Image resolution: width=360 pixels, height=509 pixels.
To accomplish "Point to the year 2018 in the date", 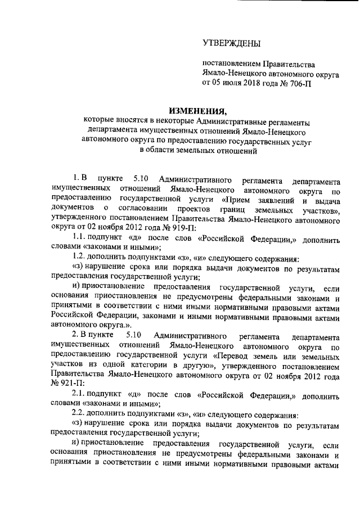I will [254, 83].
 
